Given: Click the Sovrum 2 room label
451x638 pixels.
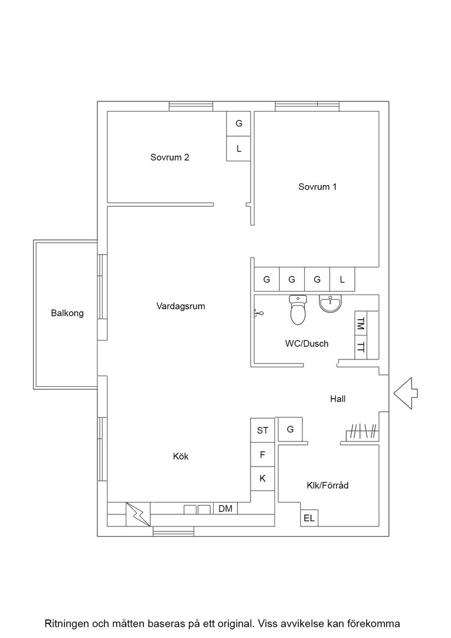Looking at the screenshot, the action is click(x=170, y=157).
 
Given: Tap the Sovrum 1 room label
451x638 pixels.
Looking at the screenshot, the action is click(x=318, y=187).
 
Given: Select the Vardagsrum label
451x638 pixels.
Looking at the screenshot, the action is click(x=181, y=306).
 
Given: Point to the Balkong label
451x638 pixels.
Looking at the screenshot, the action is click(x=68, y=313).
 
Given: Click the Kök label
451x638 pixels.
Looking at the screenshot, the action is click(x=181, y=456).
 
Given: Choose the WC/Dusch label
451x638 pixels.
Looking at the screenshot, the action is click(x=306, y=343).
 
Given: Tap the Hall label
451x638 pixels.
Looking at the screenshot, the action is click(x=338, y=399).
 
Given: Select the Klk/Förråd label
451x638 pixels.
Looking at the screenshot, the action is click(x=327, y=485).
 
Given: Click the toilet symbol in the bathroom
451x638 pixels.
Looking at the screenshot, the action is click(x=298, y=310).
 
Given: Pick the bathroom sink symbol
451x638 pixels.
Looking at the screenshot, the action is click(x=331, y=304).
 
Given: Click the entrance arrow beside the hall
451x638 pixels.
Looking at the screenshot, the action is click(x=405, y=393).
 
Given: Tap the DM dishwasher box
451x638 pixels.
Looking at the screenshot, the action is click(x=225, y=509).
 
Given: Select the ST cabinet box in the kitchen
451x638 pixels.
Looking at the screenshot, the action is click(x=263, y=431).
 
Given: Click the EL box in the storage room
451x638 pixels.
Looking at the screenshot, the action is click(x=309, y=518).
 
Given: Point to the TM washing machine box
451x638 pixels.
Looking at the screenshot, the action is click(x=361, y=324).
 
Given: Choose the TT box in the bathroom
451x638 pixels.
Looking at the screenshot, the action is click(x=361, y=348).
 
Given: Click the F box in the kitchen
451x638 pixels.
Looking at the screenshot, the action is click(x=263, y=455).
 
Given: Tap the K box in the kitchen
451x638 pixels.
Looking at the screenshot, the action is click(x=263, y=478).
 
